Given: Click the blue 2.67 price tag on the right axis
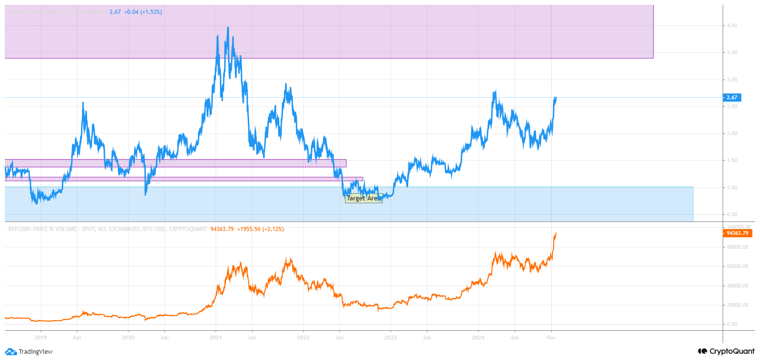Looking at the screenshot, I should pos(732,97).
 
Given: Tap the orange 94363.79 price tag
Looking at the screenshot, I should pos(737,233).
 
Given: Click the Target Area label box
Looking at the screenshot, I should pos(364,198).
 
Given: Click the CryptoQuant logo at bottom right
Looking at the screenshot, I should pos(726,351).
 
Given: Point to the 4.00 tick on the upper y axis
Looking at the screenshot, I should pos(732,25).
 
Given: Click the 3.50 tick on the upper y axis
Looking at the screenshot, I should pos(732,52).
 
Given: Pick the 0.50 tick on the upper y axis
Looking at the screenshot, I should pos(732,214).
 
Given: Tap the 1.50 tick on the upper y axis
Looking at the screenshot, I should pos(732,160).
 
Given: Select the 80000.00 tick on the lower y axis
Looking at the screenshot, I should pos(737,247).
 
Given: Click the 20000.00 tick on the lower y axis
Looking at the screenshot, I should pos(737,305).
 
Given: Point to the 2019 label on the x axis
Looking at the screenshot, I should pos(41,337).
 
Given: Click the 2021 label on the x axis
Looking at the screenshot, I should pos(216,337).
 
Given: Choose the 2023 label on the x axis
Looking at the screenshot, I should pos(391,337).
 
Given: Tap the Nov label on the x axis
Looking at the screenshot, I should pos(551,337).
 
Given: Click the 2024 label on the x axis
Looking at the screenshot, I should pos(478,337).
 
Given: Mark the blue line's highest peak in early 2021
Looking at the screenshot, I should pos(228,28).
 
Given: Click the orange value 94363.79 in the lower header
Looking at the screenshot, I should pos(222,229).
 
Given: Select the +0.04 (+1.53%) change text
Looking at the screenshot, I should pos(143,12).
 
